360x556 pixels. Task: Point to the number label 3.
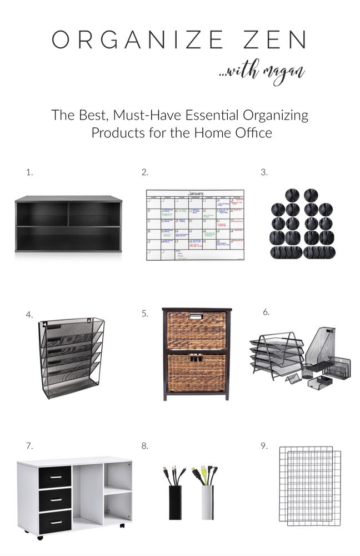(264, 172)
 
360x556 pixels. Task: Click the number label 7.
(29, 445)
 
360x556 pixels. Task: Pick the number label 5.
(145, 313)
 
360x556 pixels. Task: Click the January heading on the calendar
(195, 194)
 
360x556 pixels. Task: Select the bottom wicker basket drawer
(196, 372)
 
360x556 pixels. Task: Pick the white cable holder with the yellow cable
(207, 501)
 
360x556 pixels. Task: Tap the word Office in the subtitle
(252, 133)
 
